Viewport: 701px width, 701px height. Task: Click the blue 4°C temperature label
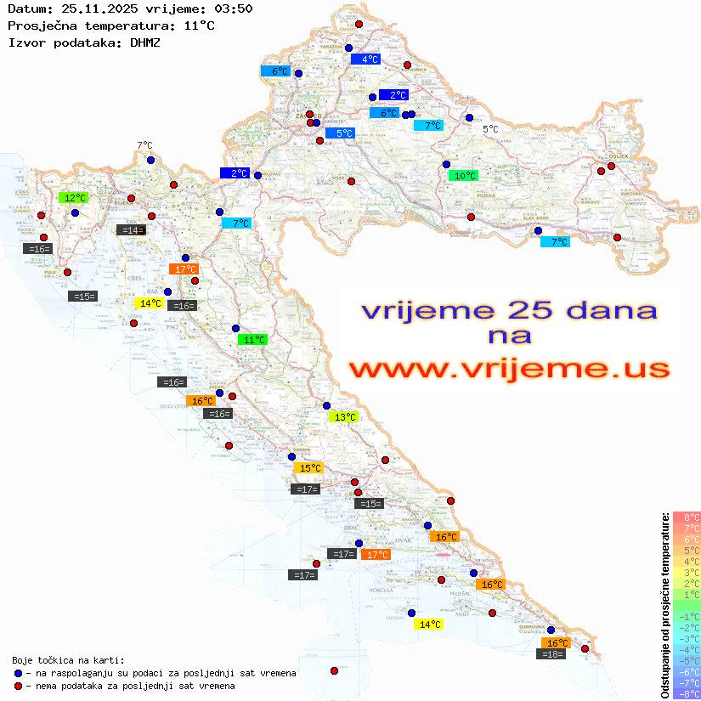tap(365, 59)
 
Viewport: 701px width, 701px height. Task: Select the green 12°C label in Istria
tap(74, 198)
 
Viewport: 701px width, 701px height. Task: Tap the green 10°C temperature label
tap(464, 176)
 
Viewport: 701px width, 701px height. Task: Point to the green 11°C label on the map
tap(252, 340)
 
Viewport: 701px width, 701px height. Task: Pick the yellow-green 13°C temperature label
tap(344, 417)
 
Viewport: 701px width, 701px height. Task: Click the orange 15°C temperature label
tap(308, 468)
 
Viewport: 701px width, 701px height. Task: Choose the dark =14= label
tap(131, 230)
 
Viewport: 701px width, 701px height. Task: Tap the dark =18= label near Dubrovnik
tap(552, 654)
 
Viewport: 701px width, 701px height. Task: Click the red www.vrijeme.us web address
tap(508, 369)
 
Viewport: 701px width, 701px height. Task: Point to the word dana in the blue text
tap(603, 310)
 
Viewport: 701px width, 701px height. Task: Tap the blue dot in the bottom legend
tap(18, 673)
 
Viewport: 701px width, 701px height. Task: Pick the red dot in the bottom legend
tap(18, 686)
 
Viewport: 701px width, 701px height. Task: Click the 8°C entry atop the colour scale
tap(687, 517)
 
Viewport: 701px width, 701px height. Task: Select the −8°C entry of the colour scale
tap(687, 693)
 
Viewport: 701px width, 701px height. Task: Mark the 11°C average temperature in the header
tap(200, 25)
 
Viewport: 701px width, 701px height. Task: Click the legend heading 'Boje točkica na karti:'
tap(68, 660)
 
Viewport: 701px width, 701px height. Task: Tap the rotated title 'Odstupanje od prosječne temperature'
tap(664, 605)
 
